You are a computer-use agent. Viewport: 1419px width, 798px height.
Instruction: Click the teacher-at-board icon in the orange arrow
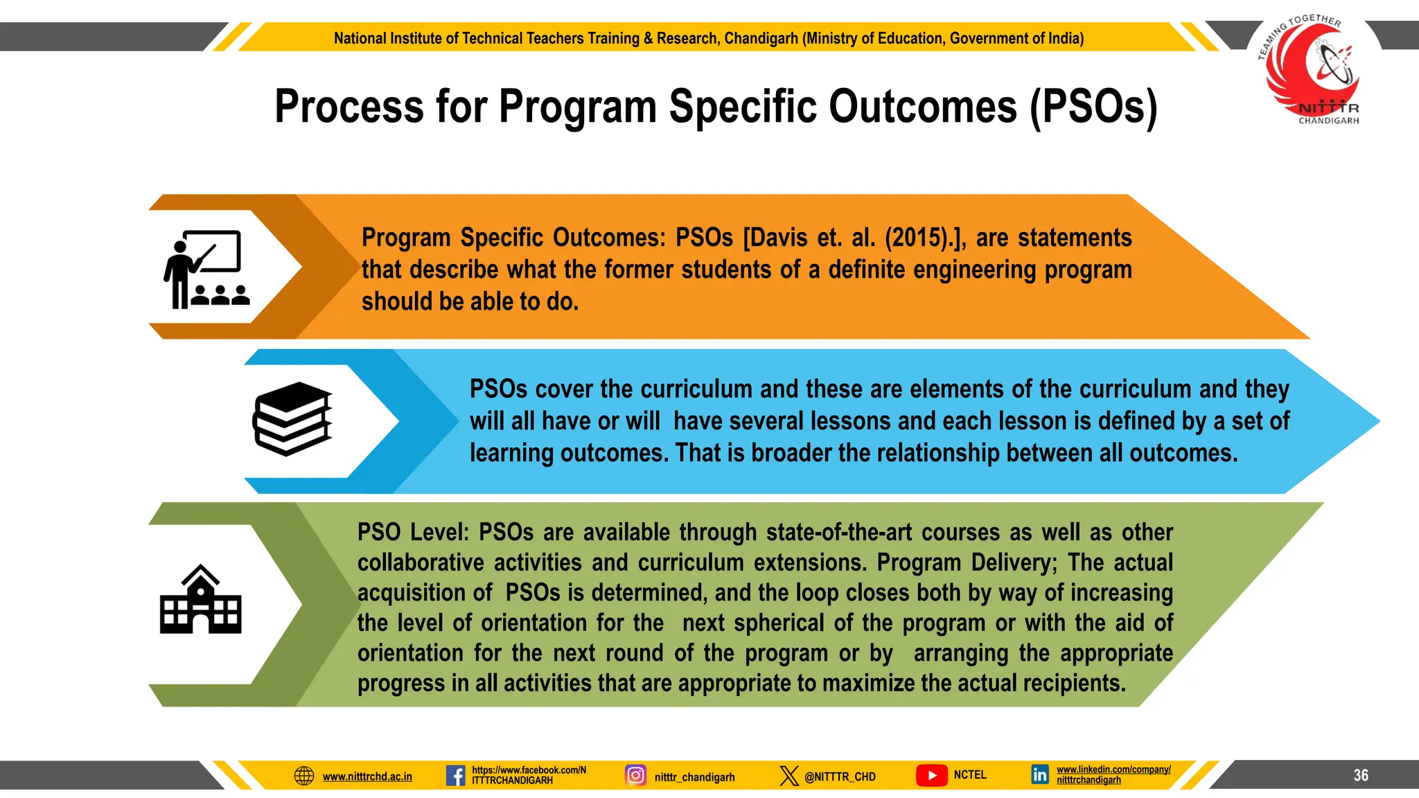206,269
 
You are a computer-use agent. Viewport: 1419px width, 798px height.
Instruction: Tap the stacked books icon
292,419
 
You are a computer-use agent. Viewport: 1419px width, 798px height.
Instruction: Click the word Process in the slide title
349,107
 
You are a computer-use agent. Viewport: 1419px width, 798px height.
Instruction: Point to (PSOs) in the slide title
1093,107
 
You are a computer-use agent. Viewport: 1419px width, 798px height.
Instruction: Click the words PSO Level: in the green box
413,532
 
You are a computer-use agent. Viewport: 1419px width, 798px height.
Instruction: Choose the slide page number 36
1361,775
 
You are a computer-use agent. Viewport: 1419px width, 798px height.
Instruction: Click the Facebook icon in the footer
455,775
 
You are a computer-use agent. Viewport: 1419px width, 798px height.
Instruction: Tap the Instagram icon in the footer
635,775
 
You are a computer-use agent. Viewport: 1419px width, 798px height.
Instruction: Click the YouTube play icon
932,775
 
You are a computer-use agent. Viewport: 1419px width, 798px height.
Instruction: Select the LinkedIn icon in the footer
1039,774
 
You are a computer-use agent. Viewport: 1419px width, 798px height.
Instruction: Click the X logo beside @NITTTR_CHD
788,776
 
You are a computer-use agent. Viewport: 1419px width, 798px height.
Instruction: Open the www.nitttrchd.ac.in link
367,777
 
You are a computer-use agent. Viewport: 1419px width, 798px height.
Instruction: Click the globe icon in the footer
304,776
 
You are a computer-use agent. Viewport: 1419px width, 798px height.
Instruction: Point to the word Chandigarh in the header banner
761,38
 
